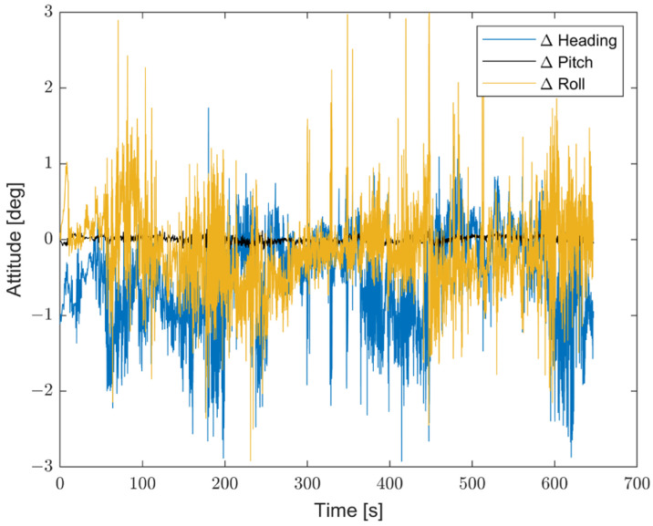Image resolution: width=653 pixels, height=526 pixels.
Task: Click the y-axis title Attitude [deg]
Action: pos(17,239)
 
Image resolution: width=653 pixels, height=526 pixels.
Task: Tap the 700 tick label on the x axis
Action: pos(636,482)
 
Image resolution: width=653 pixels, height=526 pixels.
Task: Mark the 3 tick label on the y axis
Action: pos(47,12)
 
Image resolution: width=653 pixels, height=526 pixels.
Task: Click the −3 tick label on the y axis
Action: pos(42,466)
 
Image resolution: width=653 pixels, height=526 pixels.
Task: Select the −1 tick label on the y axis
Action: pos(42,315)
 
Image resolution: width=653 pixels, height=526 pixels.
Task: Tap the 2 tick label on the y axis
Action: pos(47,88)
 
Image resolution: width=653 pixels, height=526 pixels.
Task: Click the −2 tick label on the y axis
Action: pos(42,390)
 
